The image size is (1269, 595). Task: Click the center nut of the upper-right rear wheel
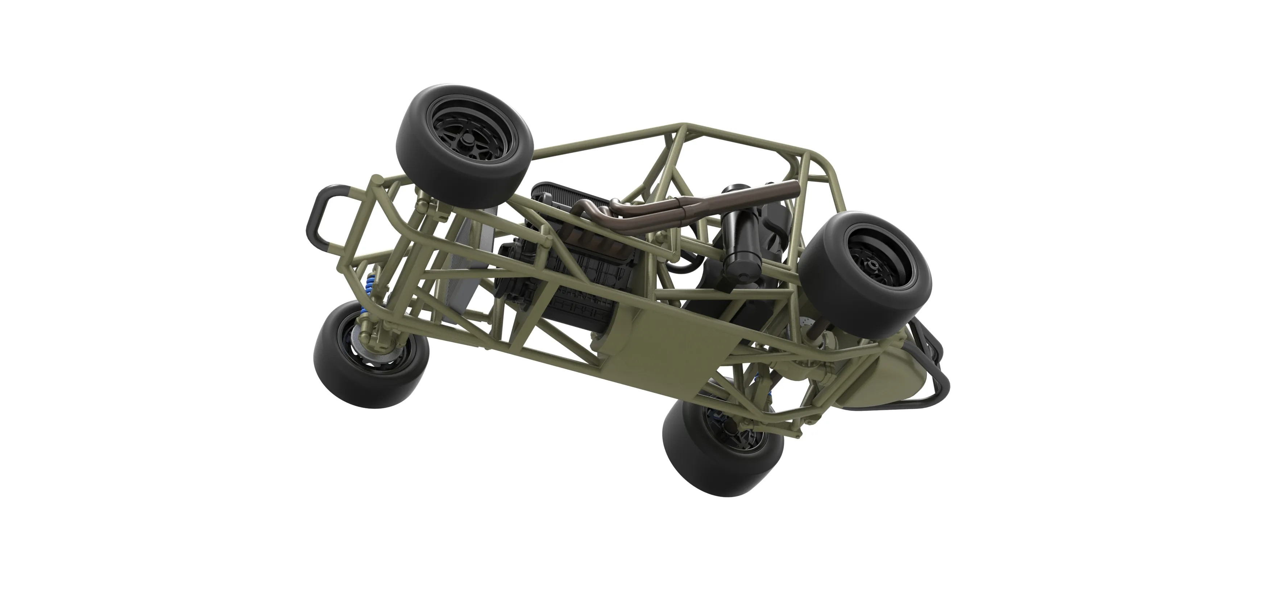click(x=874, y=267)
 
